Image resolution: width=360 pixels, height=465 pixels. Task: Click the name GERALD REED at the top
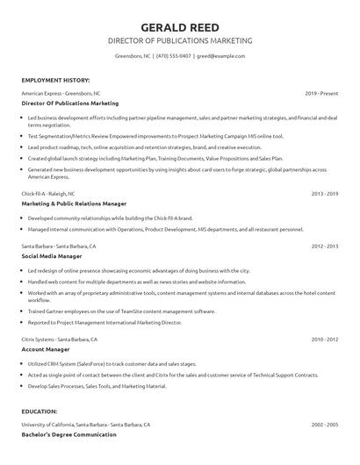[x=179, y=26]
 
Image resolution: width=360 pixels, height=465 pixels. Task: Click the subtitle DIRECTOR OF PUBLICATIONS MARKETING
[x=179, y=41]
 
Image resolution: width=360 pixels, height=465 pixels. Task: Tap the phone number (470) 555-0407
[x=174, y=56]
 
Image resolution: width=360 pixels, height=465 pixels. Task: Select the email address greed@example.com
[x=220, y=56]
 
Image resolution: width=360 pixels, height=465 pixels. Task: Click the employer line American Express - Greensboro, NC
[x=61, y=93]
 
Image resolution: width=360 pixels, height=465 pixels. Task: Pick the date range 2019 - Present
[x=321, y=93]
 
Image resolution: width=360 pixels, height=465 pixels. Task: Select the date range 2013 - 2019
[x=325, y=192]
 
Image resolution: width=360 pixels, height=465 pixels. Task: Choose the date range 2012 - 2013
[x=325, y=247]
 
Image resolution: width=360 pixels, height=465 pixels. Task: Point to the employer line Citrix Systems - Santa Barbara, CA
[x=60, y=338]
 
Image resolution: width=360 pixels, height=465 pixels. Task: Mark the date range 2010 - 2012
[x=325, y=338]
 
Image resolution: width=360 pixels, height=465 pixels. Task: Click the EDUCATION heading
[x=40, y=411]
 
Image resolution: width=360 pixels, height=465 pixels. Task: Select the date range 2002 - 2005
[x=325, y=425]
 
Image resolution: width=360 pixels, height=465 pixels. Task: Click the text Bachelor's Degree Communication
[x=68, y=434]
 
